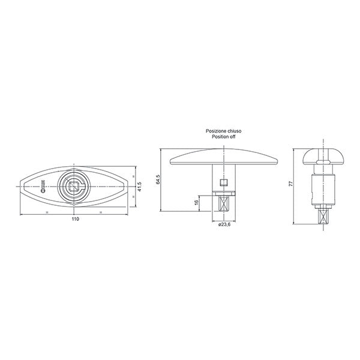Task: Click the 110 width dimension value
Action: pos(75,220)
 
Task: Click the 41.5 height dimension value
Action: pos(139,187)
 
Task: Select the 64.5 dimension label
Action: pos(158,179)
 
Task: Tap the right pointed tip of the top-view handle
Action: pos(128,187)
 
